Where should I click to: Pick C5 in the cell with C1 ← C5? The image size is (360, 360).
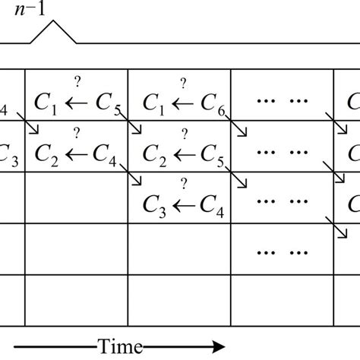(x=109, y=106)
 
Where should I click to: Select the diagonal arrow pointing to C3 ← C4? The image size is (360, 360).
(x=135, y=179)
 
